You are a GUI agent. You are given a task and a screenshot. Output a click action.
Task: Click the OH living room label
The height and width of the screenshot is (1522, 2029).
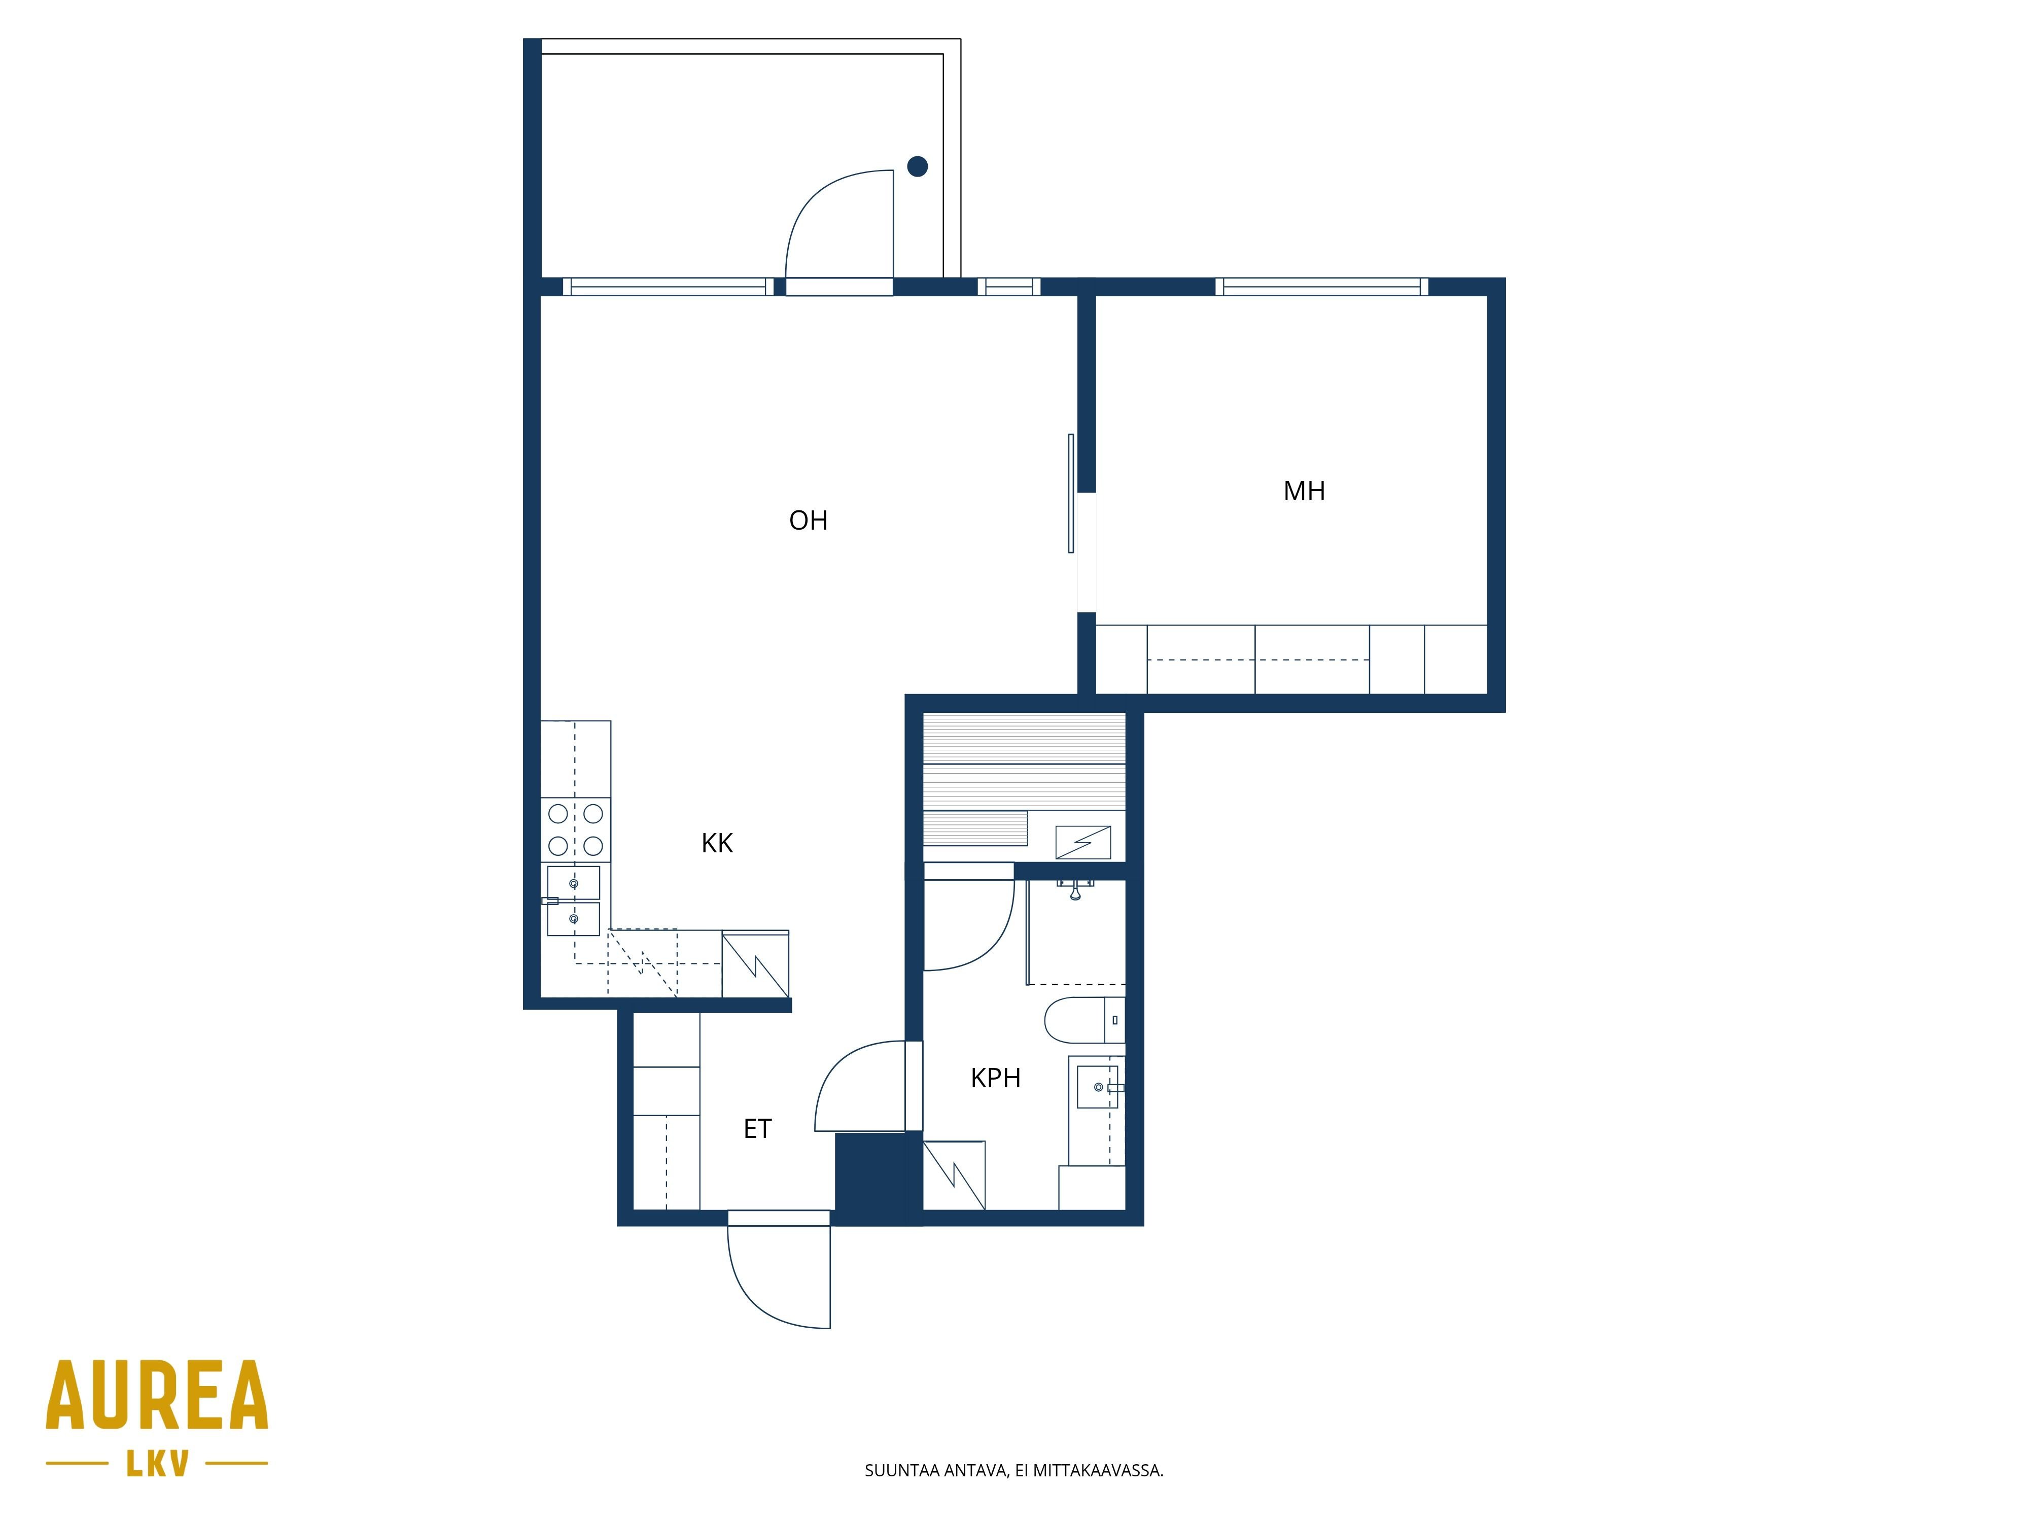pyautogui.click(x=808, y=520)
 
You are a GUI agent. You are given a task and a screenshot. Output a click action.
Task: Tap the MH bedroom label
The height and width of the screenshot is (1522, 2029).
pyautogui.click(x=1304, y=491)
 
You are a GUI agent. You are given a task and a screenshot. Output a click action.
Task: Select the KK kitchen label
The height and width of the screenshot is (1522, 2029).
pyautogui.click(x=717, y=843)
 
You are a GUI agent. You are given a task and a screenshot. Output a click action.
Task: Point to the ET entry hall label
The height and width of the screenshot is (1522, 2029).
pyautogui.click(x=758, y=1128)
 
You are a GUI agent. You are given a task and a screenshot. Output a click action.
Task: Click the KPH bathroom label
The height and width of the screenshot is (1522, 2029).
pyautogui.click(x=995, y=1078)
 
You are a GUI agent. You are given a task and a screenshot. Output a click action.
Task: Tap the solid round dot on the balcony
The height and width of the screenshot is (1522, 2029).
pyautogui.click(x=917, y=166)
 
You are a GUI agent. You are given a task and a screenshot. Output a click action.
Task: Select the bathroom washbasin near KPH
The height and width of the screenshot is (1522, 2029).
pyautogui.click(x=1098, y=1086)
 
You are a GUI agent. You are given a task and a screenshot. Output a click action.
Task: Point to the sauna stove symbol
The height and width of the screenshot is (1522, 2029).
pyautogui.click(x=1083, y=841)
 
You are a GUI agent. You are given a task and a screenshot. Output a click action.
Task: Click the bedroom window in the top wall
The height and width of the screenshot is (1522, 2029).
pyautogui.click(x=1322, y=286)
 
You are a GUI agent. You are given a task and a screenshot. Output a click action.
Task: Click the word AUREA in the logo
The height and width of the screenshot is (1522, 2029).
pyautogui.click(x=157, y=1395)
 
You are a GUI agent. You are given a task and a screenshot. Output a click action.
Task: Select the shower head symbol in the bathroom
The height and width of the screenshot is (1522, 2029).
pyautogui.click(x=1075, y=888)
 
